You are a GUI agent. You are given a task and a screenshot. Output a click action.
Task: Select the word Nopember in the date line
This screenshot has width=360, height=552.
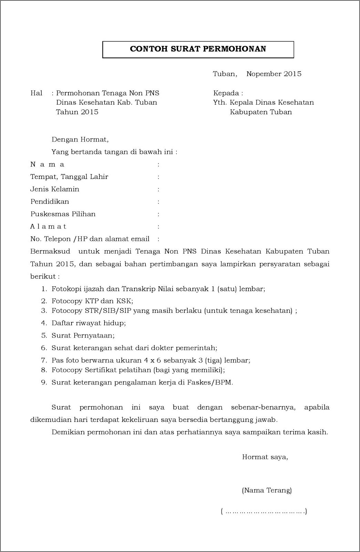pos(263,74)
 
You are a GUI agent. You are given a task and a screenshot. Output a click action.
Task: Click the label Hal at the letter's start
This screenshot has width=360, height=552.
pos(36,93)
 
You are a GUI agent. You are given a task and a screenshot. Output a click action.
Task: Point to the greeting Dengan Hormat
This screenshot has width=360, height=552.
pos(80,139)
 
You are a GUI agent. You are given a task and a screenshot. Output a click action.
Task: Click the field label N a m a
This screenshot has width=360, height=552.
pos(47,164)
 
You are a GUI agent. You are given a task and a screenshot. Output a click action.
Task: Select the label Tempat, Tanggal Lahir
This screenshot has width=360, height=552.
pos(69,177)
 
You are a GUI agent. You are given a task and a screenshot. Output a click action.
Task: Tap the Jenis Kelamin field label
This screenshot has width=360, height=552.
pos(55,189)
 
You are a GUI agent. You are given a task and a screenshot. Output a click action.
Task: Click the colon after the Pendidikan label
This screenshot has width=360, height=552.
pos(159,202)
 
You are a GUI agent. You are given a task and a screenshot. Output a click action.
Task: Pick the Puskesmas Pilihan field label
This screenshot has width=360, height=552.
pos(63,214)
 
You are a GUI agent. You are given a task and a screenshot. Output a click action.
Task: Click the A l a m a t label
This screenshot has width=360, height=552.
pos(48,226)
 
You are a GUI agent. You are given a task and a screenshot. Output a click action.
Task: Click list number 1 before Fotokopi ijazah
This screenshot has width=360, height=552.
pos(44,289)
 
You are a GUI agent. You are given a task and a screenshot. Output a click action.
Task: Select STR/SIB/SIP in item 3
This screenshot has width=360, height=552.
pos(108,311)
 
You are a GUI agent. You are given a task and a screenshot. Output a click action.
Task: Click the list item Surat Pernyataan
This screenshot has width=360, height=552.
pos(83,336)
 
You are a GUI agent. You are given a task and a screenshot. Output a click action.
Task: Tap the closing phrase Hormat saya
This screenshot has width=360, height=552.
pos(265,457)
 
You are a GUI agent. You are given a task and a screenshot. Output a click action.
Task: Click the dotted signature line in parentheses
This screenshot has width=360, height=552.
pos(264,511)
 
